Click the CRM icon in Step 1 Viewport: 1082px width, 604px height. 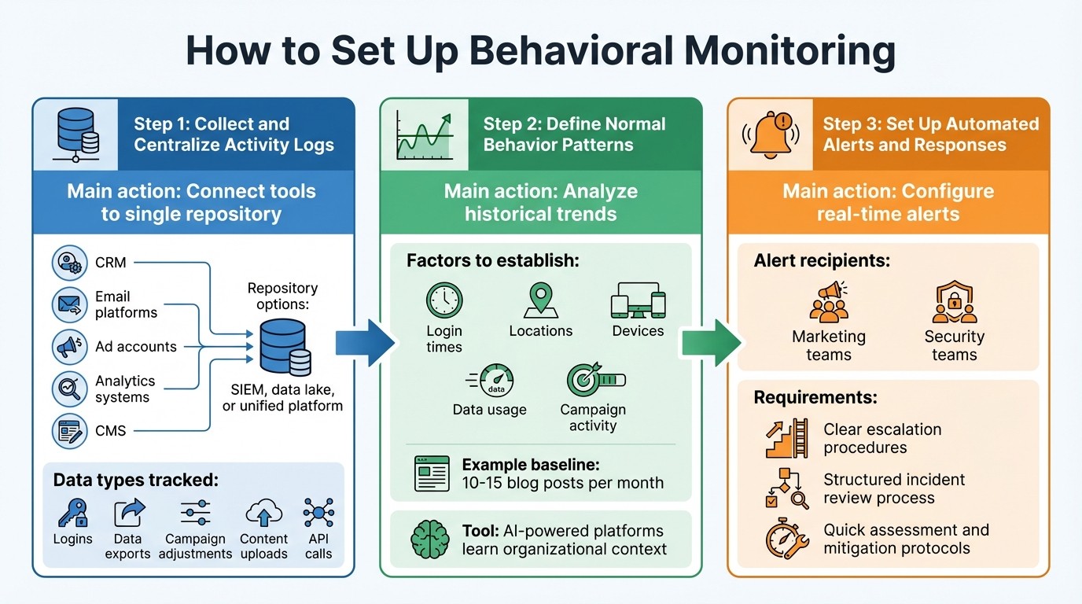pos(69,263)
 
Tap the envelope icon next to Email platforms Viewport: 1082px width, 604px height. pos(69,304)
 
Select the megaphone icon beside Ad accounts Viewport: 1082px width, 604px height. pos(69,346)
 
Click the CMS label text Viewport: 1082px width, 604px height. pos(110,430)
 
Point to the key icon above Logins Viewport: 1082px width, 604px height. pos(72,513)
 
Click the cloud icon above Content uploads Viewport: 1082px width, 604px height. pos(263,513)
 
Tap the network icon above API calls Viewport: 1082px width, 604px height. pos(318,513)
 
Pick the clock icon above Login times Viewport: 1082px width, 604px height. pos(444,301)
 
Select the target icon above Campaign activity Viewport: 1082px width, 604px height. pos(594,381)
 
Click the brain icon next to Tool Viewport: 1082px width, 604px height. pos(429,540)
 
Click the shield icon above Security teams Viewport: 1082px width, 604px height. pos(954,304)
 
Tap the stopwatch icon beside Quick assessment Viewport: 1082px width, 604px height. pos(786,539)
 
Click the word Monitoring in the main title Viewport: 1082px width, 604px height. pos(789,50)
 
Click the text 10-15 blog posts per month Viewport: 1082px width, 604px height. pos(563,482)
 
